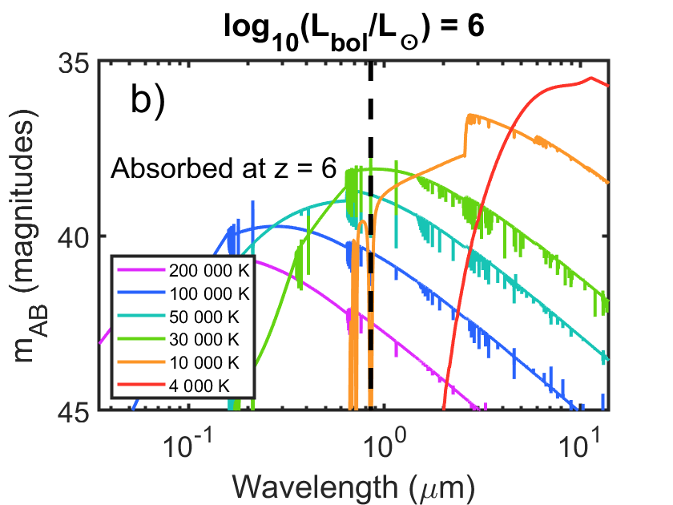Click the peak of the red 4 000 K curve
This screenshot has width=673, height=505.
pos(591,78)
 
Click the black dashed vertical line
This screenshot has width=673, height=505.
pos(371,240)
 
